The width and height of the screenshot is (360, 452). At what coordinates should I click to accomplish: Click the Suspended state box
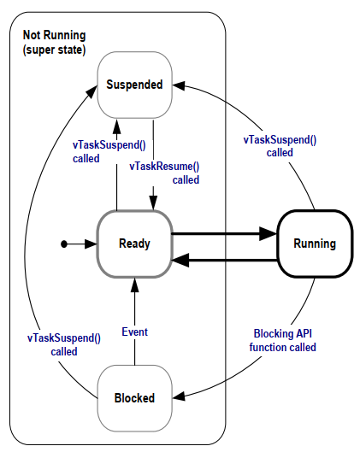135,85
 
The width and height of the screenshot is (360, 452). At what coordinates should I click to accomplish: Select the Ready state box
135,244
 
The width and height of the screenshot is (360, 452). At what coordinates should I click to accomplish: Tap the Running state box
315,244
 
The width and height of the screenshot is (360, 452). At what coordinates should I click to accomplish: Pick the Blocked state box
135,398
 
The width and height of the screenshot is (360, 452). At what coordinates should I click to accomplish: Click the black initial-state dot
64,244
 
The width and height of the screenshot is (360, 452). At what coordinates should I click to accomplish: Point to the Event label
135,332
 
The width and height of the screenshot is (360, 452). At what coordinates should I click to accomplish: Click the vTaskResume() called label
164,173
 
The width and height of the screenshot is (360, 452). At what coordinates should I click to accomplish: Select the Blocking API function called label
283,340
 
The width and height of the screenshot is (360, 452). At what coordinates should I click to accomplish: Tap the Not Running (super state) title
54,43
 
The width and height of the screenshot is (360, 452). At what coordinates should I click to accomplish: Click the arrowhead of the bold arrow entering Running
269,233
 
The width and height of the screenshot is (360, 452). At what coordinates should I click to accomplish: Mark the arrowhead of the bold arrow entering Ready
180,261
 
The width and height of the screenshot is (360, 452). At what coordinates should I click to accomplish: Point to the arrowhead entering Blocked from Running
179,396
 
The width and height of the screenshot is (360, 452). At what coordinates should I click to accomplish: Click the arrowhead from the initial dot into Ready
91,244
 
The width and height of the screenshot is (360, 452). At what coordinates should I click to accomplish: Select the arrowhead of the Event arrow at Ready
135,285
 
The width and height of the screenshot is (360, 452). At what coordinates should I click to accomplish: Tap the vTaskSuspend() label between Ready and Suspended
109,151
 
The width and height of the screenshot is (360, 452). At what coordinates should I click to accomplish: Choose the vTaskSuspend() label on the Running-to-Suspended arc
280,146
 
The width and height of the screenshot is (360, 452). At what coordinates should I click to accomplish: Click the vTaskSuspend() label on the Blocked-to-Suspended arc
64,344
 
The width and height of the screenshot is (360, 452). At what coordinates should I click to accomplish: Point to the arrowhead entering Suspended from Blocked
92,91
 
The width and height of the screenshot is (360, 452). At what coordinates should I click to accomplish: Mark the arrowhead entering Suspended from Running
179,85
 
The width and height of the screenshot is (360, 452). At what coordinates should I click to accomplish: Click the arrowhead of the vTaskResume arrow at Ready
153,203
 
